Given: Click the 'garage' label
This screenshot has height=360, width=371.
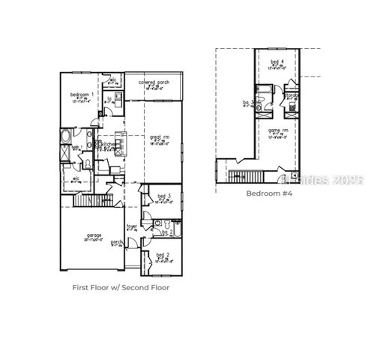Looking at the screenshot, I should (x=94, y=235).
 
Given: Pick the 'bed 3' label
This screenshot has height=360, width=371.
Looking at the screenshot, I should (x=163, y=196).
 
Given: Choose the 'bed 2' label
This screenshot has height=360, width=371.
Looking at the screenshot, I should (x=163, y=256).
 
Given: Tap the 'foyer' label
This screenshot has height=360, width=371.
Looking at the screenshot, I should (x=131, y=225).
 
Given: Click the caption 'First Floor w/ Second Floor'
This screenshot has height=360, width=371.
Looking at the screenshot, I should (x=121, y=287).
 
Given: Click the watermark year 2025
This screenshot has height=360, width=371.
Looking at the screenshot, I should (x=348, y=180).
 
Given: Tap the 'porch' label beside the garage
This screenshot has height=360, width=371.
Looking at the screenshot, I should (x=117, y=241).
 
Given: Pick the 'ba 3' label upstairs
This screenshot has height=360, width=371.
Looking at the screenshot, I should (x=247, y=103).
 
